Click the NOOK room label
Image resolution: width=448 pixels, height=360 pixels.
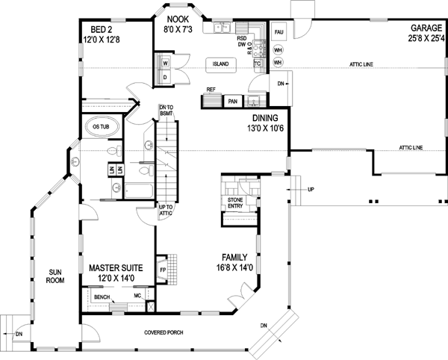178,19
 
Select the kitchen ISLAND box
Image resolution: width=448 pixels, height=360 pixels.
220,64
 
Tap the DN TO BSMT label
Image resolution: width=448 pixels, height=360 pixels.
166,110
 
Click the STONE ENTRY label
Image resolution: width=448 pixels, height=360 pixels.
230,204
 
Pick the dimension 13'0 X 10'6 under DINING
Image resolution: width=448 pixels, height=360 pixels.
264,129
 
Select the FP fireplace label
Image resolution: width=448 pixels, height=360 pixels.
162,270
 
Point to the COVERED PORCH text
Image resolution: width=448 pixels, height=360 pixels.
165,332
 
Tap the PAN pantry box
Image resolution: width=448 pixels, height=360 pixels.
233,100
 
